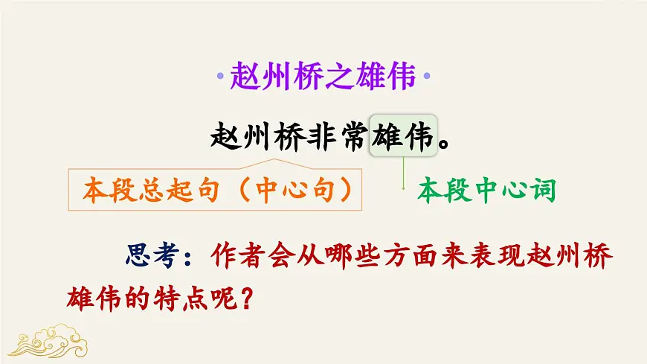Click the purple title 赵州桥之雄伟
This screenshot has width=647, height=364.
click(322, 75)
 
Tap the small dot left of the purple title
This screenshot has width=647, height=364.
click(219, 77)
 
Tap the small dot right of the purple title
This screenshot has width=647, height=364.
click(426, 77)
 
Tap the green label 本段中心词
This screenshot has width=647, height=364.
click(486, 191)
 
